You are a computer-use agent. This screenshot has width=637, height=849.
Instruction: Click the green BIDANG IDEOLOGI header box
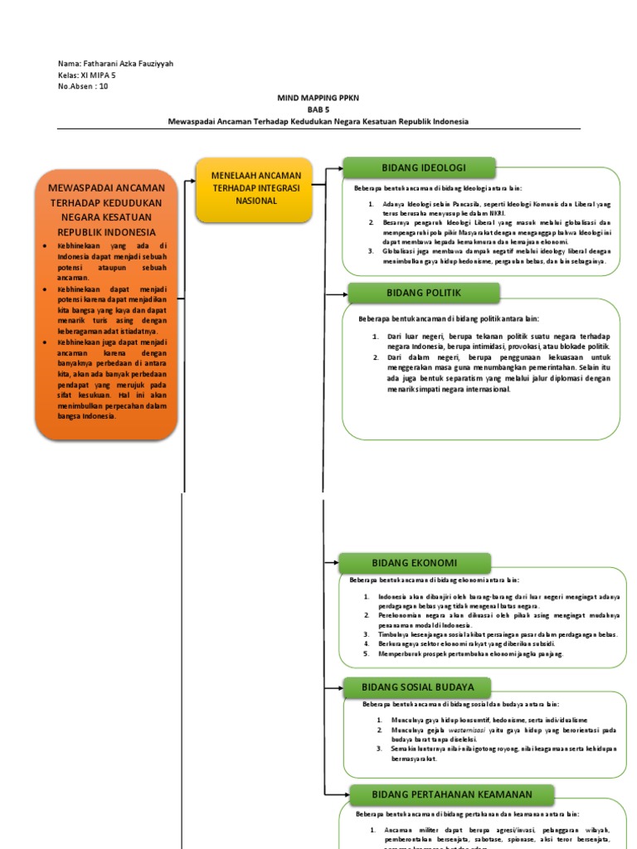[419, 167]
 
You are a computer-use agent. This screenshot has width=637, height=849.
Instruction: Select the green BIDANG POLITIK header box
[424, 293]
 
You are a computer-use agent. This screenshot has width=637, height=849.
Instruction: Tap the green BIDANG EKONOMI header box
[410, 564]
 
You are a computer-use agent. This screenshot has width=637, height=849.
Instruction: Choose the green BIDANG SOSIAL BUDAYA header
[417, 687]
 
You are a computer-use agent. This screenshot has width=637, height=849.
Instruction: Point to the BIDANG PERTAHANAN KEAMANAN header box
[440, 794]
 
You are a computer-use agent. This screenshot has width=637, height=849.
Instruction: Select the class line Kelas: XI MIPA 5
[87, 75]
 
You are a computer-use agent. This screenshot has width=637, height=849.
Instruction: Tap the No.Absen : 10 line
[83, 85]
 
